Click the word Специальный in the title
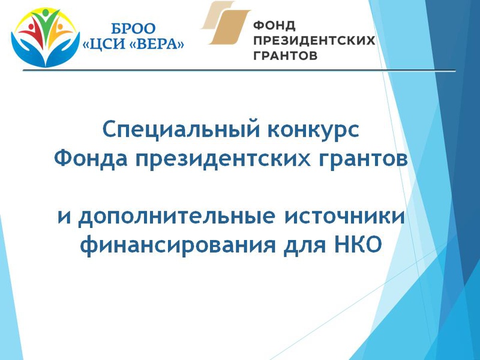pyautogui.click(x=182, y=130)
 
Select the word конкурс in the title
pyautogui.click(x=313, y=130)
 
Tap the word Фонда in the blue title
pyautogui.click(x=91, y=158)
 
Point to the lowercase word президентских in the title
pyautogui.click(x=223, y=159)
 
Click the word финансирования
pyautogui.click(x=178, y=245)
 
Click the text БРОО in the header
pyautogui.click(x=133, y=29)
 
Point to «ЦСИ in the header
pyautogui.click(x=105, y=44)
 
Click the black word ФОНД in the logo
pyautogui.click(x=275, y=25)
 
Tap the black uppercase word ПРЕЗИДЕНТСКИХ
pyautogui.click(x=314, y=40)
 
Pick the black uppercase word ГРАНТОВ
pyautogui.click(x=286, y=55)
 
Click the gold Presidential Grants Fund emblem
pyautogui.click(x=226, y=23)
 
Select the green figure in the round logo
pyautogui.click(x=46, y=26)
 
